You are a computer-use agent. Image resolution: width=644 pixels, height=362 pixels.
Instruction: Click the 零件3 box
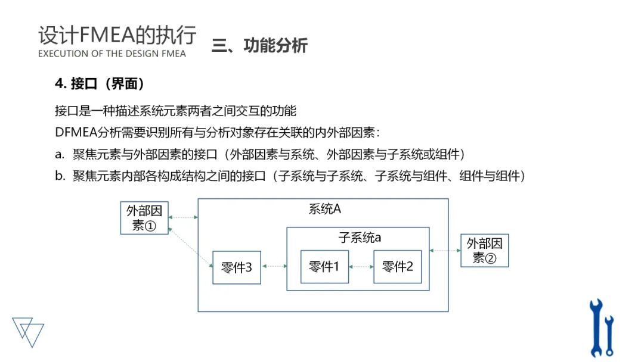(237, 267)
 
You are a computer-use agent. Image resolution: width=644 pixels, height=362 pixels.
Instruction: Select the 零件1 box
(324, 267)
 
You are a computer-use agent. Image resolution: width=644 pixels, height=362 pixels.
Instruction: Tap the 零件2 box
(397, 267)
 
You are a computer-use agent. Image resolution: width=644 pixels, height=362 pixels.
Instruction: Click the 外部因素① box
(144, 218)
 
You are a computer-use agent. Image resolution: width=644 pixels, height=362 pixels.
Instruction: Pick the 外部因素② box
(484, 251)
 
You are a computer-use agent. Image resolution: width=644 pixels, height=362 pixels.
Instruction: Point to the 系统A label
(324, 209)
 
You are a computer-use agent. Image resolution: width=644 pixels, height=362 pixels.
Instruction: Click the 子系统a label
(360, 238)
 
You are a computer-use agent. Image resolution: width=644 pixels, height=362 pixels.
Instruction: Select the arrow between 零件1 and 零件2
(361, 267)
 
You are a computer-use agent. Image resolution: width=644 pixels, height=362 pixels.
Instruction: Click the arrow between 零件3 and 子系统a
(274, 267)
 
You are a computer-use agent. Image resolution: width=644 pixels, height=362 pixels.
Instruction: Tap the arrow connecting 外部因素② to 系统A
(445, 251)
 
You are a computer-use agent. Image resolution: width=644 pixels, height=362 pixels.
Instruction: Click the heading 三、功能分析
(259, 46)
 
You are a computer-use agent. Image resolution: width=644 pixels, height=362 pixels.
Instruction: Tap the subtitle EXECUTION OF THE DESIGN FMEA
(112, 54)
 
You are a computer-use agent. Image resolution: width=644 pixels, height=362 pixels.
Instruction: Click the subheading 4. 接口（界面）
(100, 84)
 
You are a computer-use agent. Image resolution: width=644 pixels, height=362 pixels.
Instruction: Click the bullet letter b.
(58, 176)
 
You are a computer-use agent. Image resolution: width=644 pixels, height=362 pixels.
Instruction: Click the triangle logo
(28, 330)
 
